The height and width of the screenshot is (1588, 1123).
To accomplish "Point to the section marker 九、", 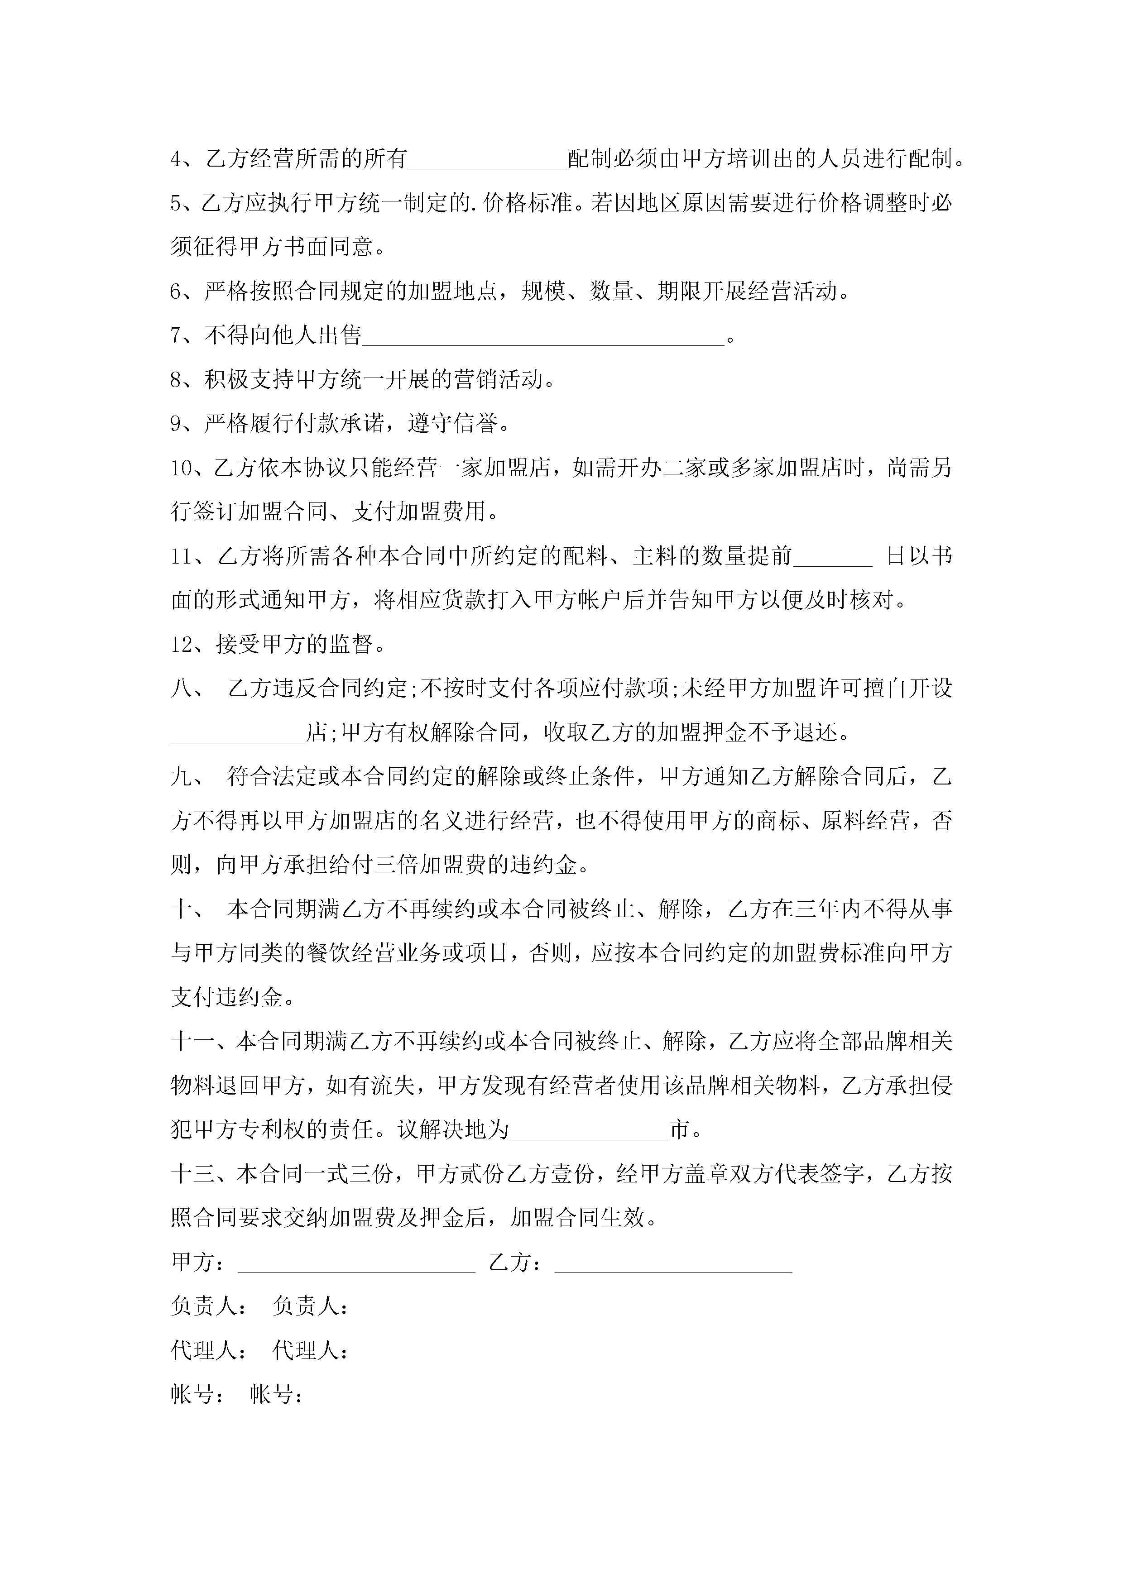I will point(186,777).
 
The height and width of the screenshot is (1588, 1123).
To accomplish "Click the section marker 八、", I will point(186,688).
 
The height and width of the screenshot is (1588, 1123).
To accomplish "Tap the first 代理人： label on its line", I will point(206,1350).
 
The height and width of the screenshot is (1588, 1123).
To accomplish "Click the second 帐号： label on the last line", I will point(277,1394).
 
